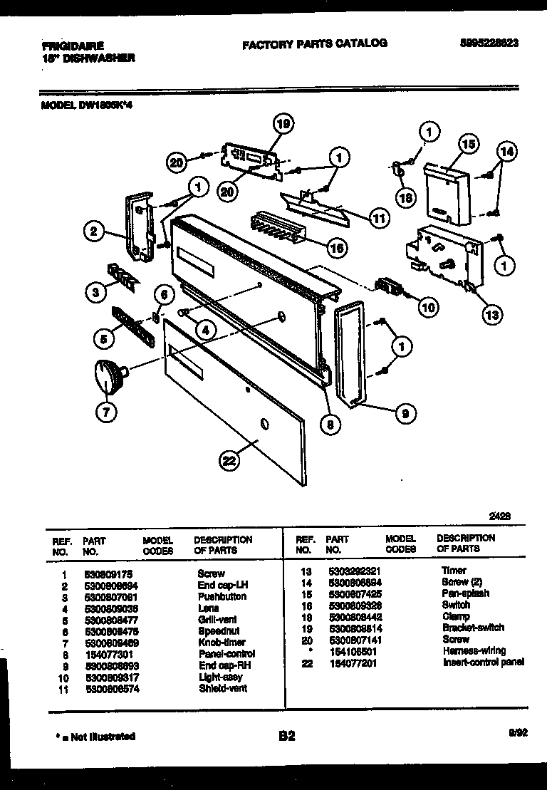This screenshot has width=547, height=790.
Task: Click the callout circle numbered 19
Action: tap(283, 125)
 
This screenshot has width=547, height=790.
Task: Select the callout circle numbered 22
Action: tap(229, 461)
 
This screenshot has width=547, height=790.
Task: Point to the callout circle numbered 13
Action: tap(492, 313)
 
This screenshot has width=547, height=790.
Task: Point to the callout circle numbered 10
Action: tap(427, 307)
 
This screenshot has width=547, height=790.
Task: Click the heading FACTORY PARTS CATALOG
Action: tap(314, 43)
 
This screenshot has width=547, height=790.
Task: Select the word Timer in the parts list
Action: tap(454, 571)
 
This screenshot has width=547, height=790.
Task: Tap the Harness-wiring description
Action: tap(474, 650)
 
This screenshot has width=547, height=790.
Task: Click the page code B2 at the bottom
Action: tap(286, 737)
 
